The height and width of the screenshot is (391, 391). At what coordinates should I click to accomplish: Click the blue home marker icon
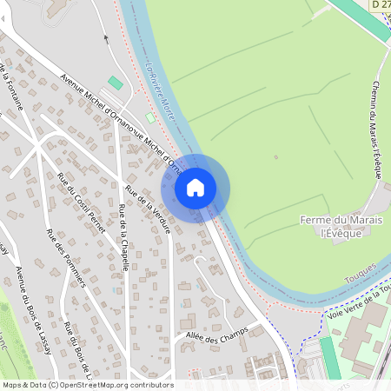coord(195,187)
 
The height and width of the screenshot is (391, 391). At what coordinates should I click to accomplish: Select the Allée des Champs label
coord(211,334)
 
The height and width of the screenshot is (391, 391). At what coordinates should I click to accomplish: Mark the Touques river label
coord(359,269)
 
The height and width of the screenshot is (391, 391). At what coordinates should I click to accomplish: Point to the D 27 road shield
coord(380,5)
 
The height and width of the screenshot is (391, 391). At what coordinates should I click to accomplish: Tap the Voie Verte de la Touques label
coord(356,303)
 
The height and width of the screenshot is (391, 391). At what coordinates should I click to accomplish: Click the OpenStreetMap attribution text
coord(88,384)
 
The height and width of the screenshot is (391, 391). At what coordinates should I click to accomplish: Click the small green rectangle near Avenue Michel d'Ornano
coord(115,83)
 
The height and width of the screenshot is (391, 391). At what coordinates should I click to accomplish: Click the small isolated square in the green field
coord(275,157)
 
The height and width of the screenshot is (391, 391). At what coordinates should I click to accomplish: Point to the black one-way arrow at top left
coord(106,38)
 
